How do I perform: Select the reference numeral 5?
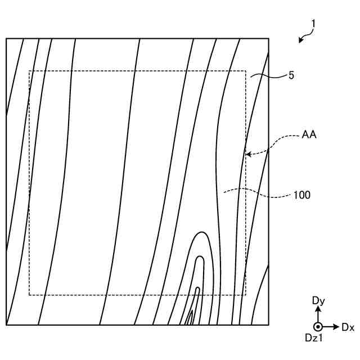click(291, 74)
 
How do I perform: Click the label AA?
click(309, 134)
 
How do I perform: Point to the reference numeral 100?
click(302, 195)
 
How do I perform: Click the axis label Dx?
click(348, 327)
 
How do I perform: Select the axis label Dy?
click(318, 301)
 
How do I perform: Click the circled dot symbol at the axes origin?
click(318, 327)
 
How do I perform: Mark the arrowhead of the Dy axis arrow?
click(318, 309)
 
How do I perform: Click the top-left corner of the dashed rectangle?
click(29, 71)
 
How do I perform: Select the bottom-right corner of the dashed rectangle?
click(246, 295)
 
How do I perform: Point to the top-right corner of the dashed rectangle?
click(246, 71)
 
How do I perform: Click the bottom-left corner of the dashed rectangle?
click(29, 295)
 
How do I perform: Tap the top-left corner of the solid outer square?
click(6, 38)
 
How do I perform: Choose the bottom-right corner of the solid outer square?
click(268, 325)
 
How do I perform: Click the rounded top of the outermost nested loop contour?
click(200, 232)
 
